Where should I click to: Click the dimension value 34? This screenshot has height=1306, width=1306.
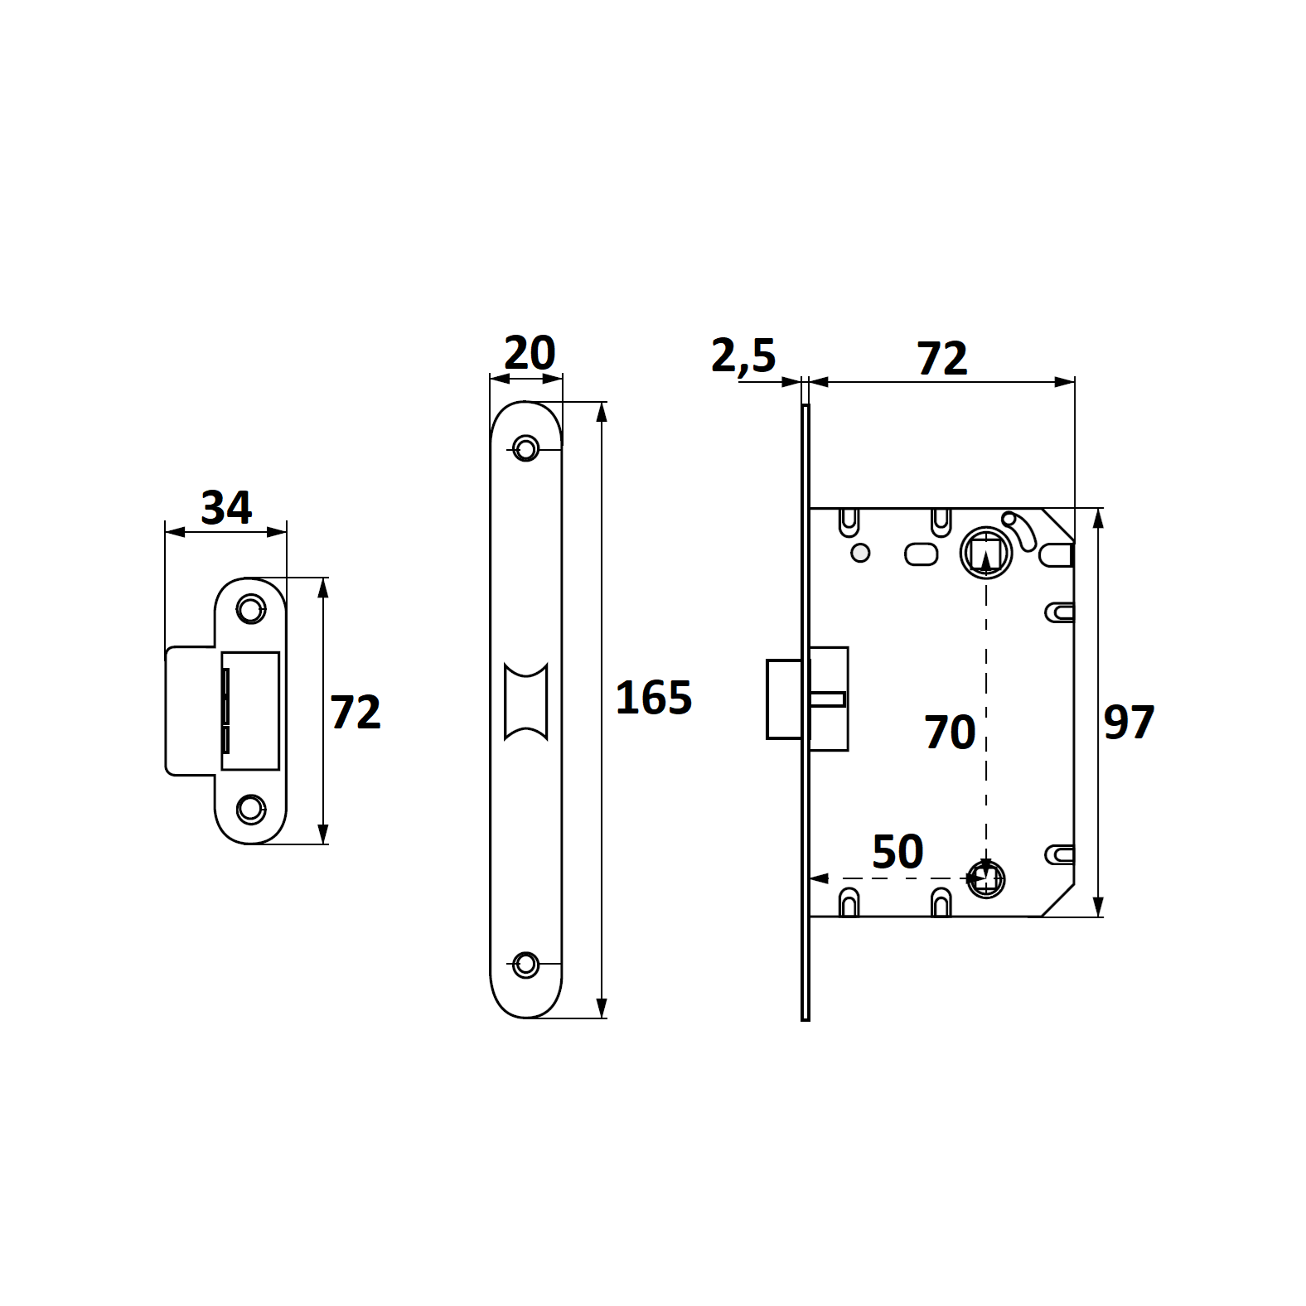pos(226,507)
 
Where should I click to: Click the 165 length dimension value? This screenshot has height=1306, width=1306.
pos(654,698)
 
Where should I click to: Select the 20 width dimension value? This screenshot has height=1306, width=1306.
pos(530,353)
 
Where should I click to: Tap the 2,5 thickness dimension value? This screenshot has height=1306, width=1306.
pos(743,356)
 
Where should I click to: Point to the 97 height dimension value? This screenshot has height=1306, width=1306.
pos(1129,722)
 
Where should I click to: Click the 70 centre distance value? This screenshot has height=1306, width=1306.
pos(950,733)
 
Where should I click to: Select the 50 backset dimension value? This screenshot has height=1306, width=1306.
pos(897,852)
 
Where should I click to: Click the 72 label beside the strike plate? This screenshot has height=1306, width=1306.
pos(356,713)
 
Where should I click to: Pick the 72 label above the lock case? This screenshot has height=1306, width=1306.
pos(942,359)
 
